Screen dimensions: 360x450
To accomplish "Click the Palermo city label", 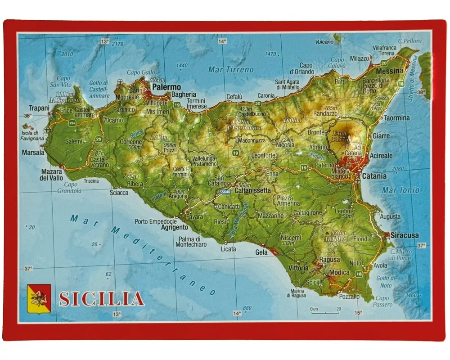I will (x=166, y=87).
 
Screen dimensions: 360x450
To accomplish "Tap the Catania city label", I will (x=374, y=176).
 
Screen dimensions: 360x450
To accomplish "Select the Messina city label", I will (x=389, y=71).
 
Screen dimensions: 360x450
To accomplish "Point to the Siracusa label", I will (x=405, y=235).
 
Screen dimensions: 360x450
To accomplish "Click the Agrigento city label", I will (x=174, y=228).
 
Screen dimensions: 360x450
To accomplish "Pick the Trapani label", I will (x=39, y=108).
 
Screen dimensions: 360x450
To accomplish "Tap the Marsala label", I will (x=33, y=153).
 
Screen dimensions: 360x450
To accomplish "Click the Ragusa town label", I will (x=329, y=260).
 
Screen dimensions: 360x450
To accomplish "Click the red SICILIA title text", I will (x=102, y=299).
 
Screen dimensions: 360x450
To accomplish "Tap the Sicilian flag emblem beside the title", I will (x=39, y=298).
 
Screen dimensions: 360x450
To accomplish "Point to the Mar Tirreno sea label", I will (x=231, y=70).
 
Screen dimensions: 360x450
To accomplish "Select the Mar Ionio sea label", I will (x=400, y=190).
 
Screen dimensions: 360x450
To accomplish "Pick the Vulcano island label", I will (x=324, y=42).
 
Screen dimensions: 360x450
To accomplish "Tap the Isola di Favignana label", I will (x=33, y=135).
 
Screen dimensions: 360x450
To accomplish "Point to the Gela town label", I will (x=261, y=252).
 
